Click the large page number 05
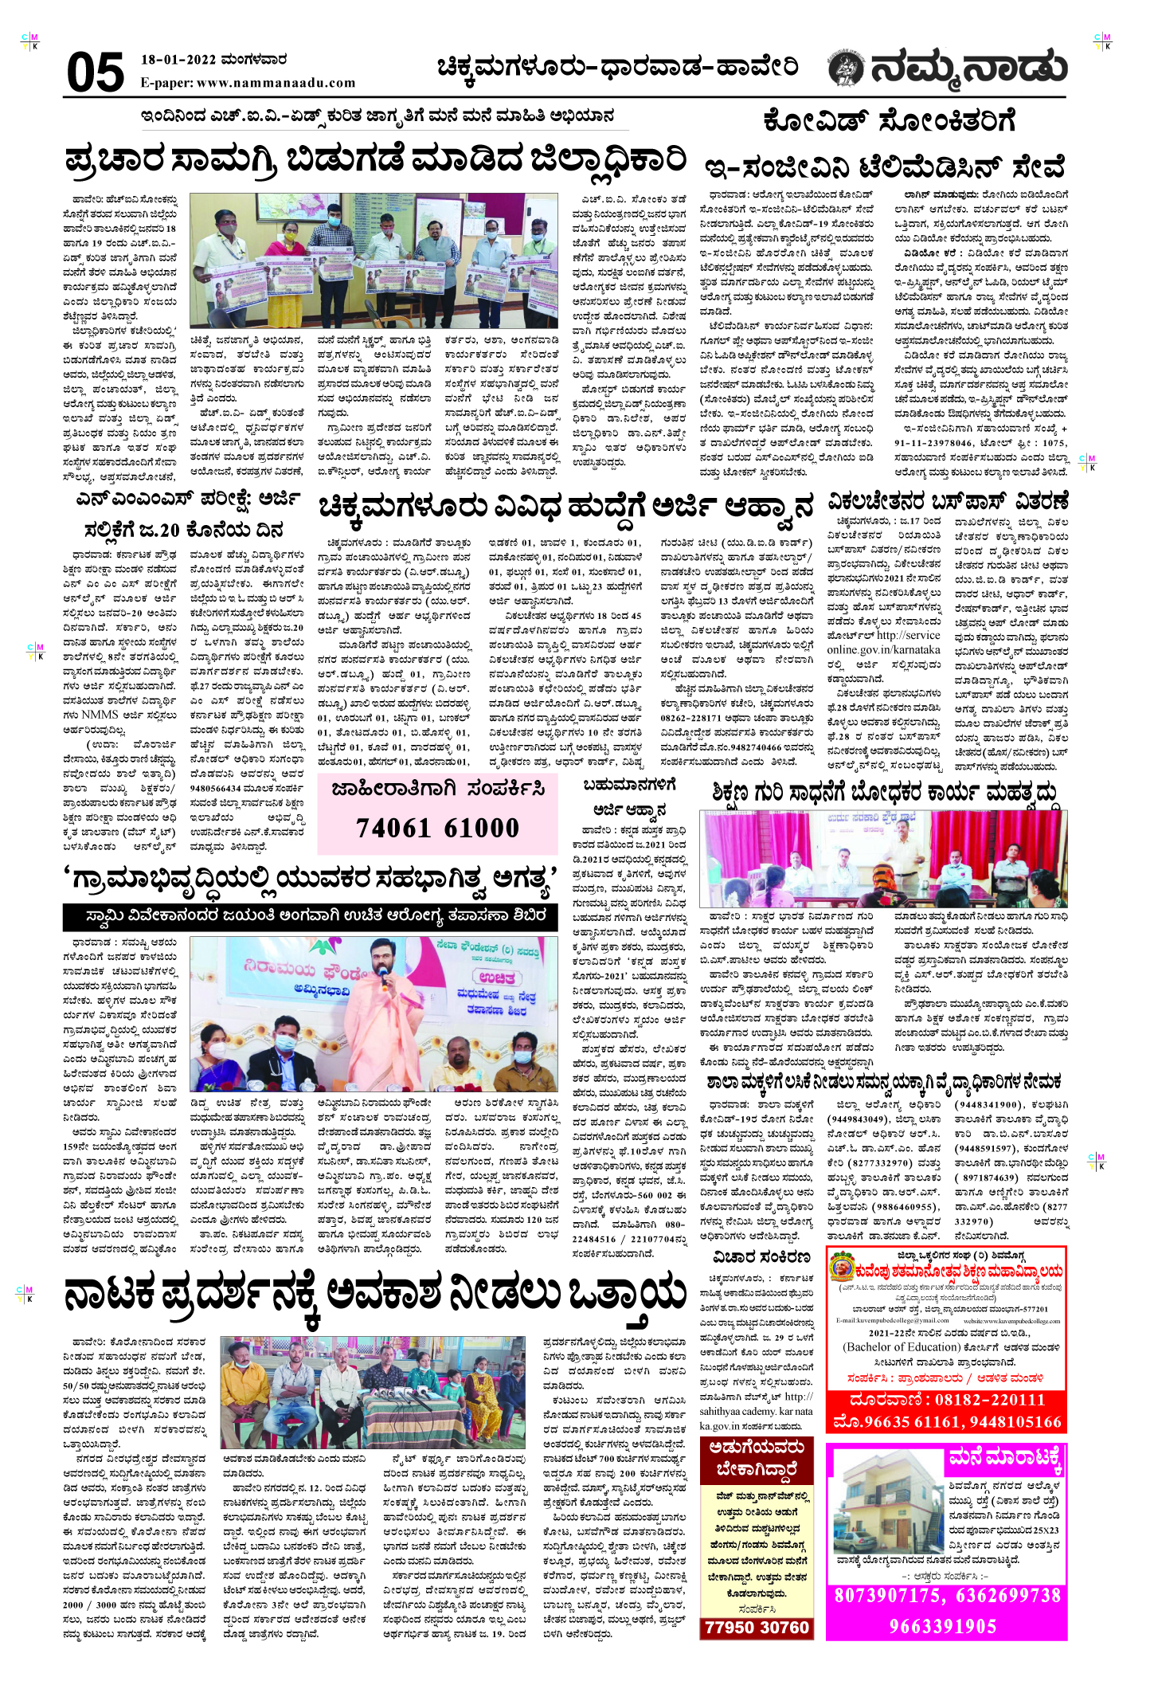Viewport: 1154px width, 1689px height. (x=96, y=72)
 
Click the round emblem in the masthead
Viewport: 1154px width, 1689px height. (x=846, y=69)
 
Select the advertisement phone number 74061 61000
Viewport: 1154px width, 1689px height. (x=437, y=829)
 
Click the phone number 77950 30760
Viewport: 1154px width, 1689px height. (x=757, y=1628)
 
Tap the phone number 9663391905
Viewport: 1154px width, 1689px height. (x=943, y=1626)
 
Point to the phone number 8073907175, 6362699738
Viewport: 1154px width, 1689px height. (x=947, y=1596)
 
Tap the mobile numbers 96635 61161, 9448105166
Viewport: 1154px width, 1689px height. (x=947, y=1422)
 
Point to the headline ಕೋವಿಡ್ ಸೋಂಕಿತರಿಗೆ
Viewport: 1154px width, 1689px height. (x=889, y=122)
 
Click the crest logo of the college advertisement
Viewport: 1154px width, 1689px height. (x=842, y=1267)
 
